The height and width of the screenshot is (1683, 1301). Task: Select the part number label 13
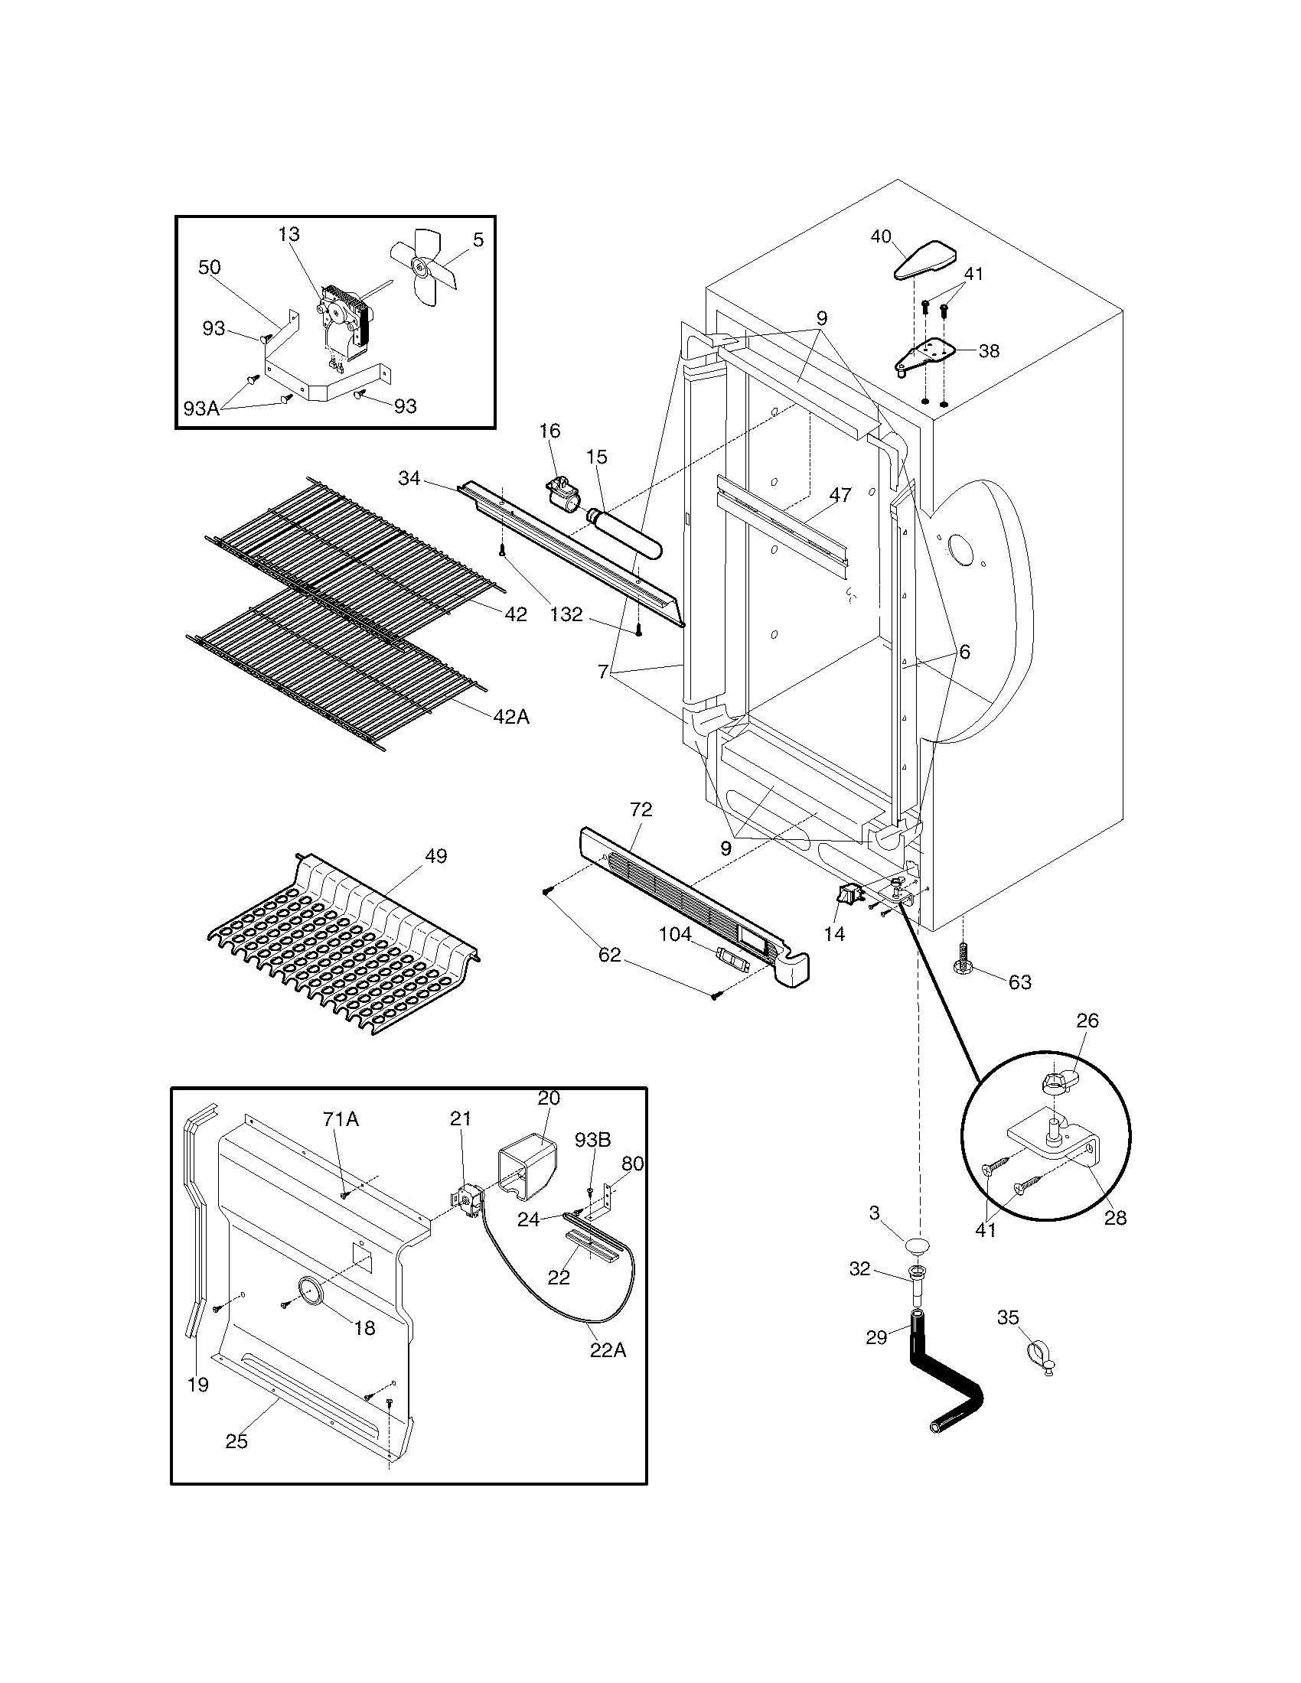289,233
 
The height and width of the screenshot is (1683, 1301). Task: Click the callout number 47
840,495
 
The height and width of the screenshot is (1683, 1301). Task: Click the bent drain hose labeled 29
942,1378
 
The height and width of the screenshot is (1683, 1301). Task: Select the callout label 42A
512,716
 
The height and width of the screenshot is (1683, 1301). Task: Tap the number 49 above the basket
435,855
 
